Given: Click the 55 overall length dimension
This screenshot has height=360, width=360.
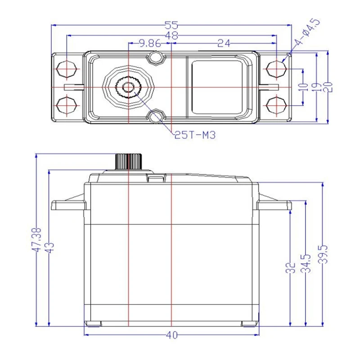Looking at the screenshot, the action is point(171,25).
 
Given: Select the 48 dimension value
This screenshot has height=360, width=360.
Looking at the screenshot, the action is point(171,36).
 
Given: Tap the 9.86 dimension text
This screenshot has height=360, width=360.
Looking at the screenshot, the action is point(150,43).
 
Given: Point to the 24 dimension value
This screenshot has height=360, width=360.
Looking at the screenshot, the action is point(224,43).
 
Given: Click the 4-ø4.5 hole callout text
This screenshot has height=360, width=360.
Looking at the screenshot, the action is point(307,32).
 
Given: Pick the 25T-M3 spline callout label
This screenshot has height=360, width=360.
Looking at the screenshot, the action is point(195,135).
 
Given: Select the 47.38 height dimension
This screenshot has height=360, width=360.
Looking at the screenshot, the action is point(36,240).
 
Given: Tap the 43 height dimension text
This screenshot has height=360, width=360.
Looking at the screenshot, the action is point(49,248).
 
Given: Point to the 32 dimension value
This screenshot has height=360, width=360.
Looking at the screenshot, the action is point(290,267).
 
